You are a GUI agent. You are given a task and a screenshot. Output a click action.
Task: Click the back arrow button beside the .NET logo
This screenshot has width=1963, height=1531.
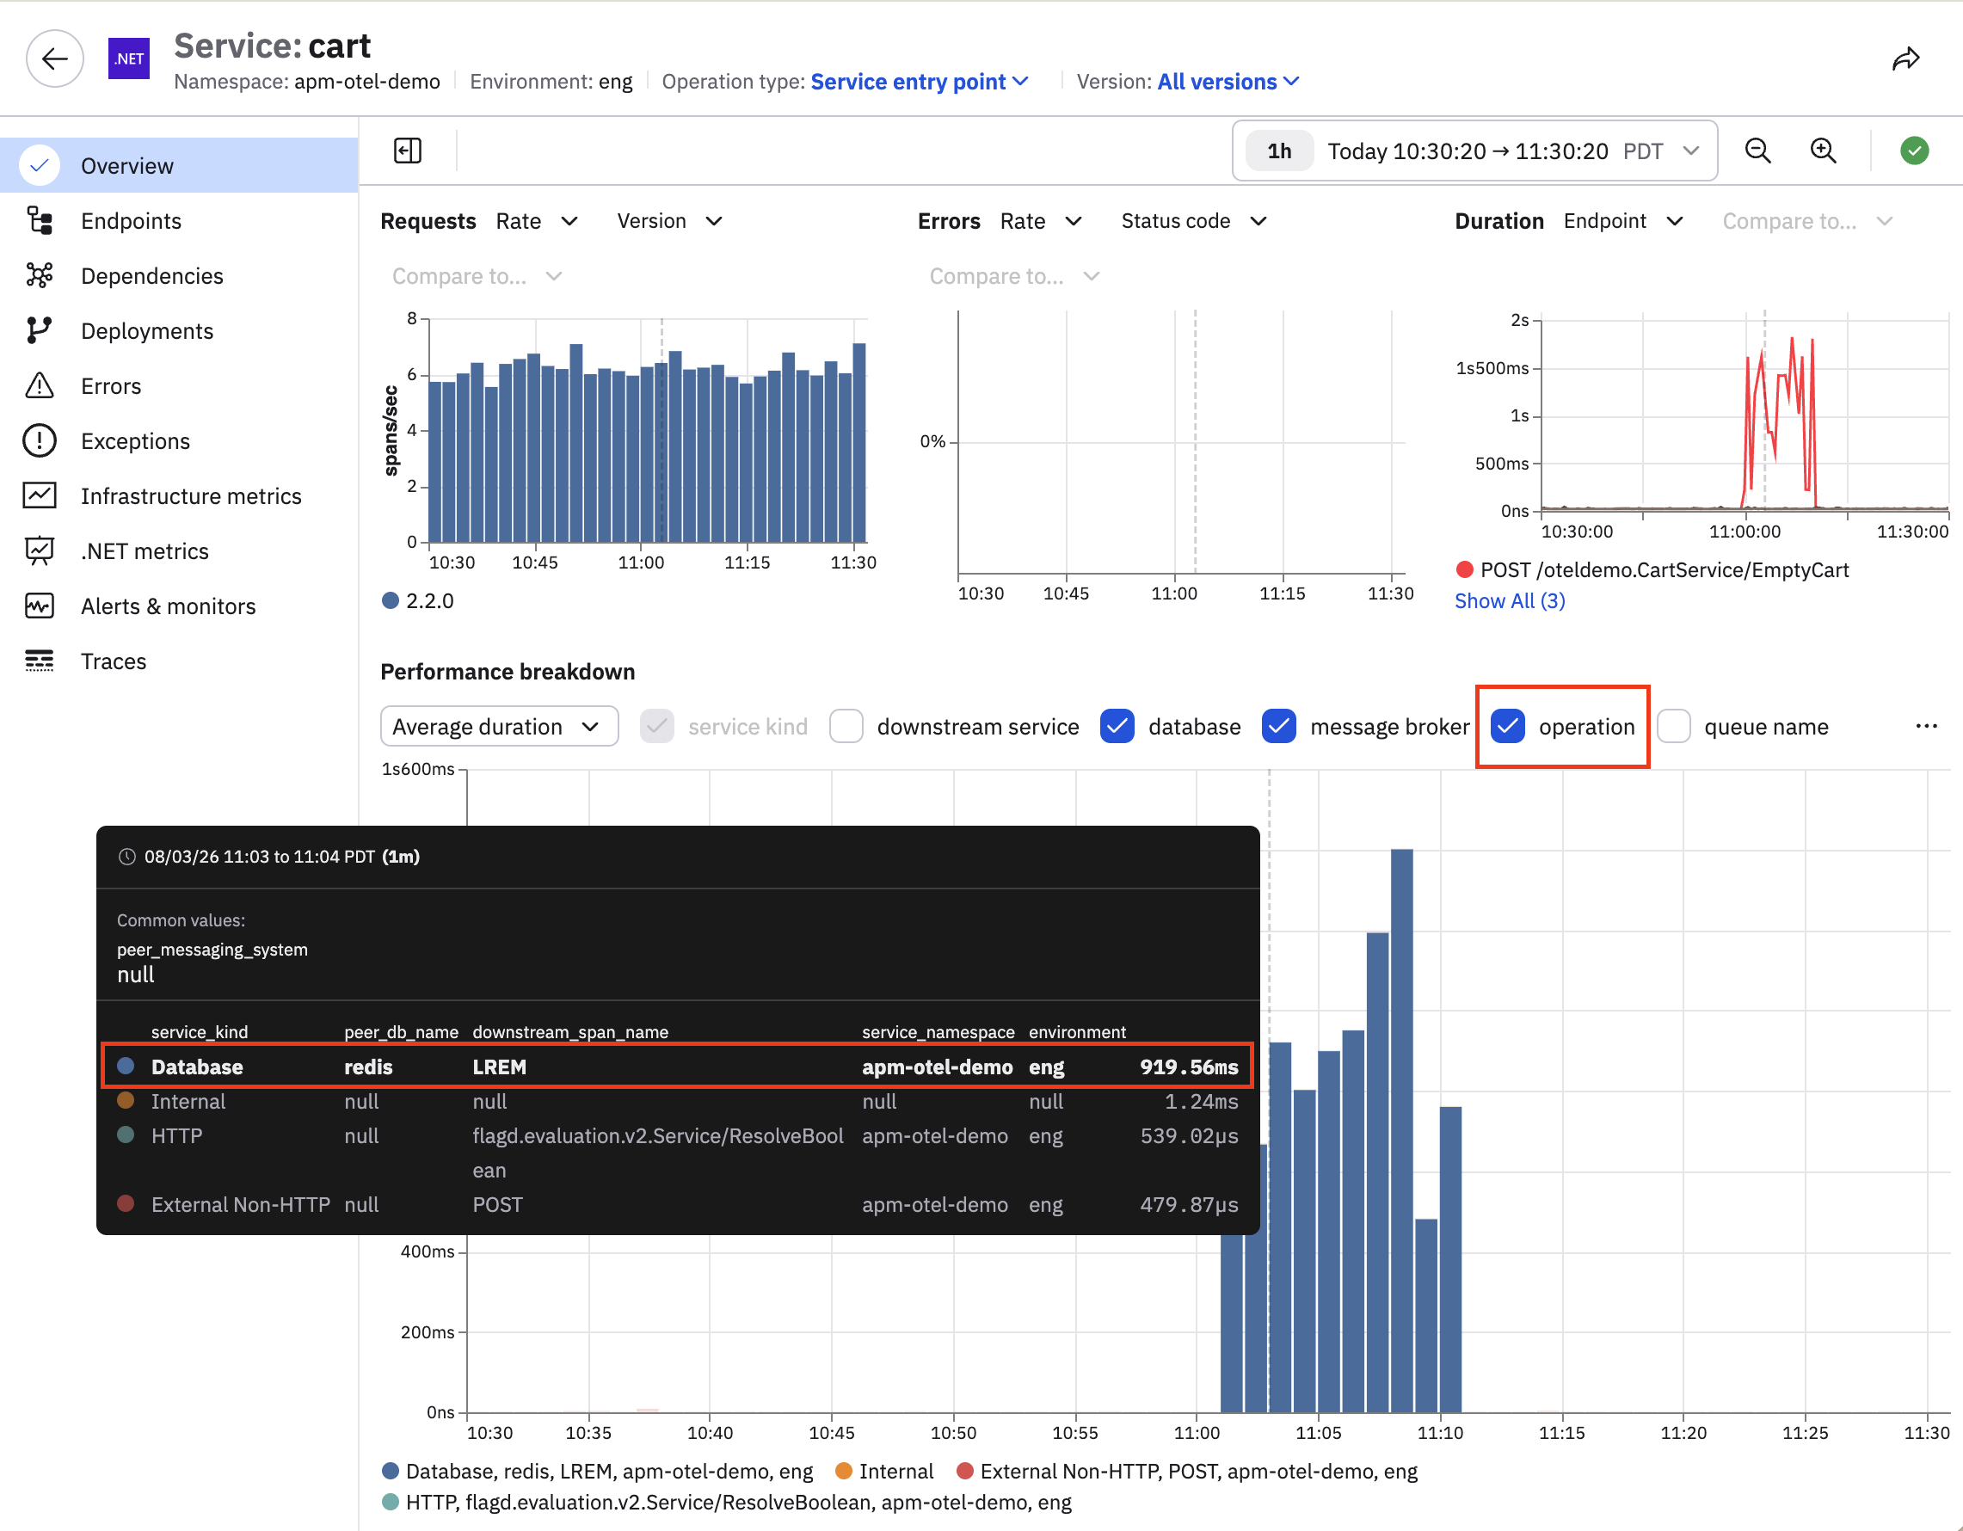coord(55,59)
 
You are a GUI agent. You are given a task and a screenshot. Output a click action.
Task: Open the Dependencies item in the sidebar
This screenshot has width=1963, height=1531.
coord(152,276)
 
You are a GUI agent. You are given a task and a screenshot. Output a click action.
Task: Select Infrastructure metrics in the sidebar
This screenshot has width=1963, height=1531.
coord(191,496)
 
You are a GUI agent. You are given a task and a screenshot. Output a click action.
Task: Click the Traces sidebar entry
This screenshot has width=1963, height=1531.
coord(114,661)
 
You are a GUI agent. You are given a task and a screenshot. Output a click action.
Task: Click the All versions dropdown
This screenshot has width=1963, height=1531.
coord(1228,82)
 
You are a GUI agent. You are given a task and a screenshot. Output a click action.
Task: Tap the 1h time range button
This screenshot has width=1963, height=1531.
coord(1279,151)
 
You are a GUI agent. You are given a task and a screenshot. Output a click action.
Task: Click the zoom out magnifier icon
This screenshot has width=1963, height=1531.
coord(1758,151)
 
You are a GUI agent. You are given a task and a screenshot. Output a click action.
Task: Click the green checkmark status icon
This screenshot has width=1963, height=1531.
coord(1915,151)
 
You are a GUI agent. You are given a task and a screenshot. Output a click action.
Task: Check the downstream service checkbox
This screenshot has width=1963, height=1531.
coord(846,726)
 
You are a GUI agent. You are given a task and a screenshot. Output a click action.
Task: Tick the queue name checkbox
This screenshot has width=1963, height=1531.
coord(1674,726)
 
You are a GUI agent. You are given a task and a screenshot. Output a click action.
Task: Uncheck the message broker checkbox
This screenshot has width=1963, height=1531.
coord(1278,726)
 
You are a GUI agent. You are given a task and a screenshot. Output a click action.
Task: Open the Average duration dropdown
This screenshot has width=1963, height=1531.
coord(499,726)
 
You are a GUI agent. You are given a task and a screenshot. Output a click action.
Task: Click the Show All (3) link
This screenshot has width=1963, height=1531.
coord(1510,601)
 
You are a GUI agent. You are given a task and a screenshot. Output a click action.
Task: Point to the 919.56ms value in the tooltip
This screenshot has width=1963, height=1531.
coord(1188,1067)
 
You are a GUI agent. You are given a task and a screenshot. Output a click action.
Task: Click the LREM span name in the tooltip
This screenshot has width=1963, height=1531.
coord(500,1067)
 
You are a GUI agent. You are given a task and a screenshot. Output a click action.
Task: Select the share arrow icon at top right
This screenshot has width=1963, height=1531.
coord(1905,59)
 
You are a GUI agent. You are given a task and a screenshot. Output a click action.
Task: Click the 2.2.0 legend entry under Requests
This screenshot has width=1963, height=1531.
coord(419,601)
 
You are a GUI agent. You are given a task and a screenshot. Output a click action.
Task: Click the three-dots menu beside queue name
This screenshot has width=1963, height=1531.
coord(1926,726)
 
